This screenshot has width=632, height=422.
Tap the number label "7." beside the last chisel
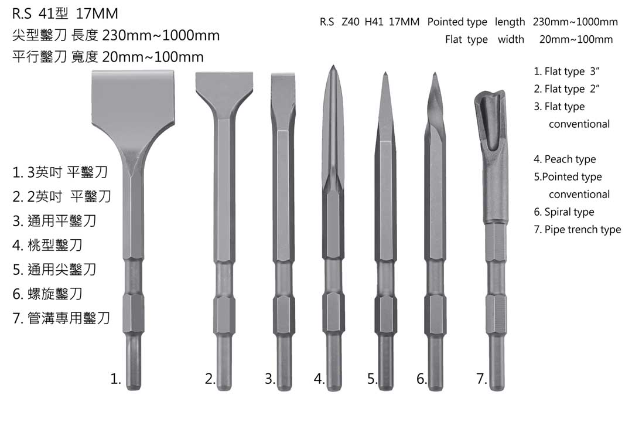pyautogui.click(x=481, y=379)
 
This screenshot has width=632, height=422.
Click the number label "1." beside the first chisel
pyautogui.click(x=115, y=379)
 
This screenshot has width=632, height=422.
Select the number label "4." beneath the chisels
pyautogui.click(x=319, y=379)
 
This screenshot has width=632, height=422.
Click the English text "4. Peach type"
pyautogui.click(x=565, y=159)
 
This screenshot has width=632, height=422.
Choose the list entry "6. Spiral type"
pyautogui.click(x=563, y=212)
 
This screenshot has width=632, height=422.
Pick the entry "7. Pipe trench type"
pyautogui.click(x=577, y=230)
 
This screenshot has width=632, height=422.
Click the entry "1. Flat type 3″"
pyautogui.click(x=567, y=72)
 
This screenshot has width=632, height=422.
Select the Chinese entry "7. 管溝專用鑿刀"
pyautogui.click(x=62, y=318)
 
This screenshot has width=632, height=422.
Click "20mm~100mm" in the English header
pyautogui.click(x=576, y=40)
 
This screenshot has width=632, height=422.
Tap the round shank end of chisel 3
pyautogui.click(x=283, y=375)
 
